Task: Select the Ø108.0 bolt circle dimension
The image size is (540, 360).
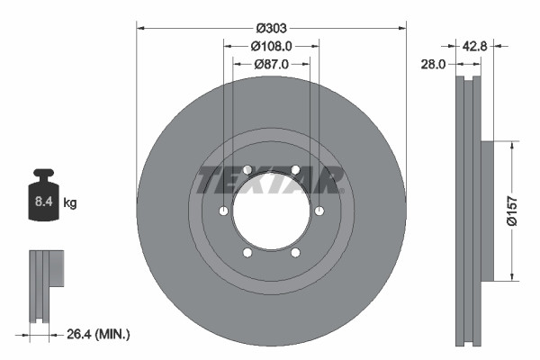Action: point(271,45)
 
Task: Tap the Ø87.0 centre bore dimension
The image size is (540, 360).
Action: point(271,64)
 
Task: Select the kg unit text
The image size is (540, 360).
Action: point(69,203)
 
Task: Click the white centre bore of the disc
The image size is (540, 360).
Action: point(271,211)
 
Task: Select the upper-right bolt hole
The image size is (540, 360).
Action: point(295,170)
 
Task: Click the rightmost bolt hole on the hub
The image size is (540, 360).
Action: point(319,211)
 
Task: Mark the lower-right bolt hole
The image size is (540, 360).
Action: point(295,254)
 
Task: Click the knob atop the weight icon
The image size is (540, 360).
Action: point(43,174)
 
